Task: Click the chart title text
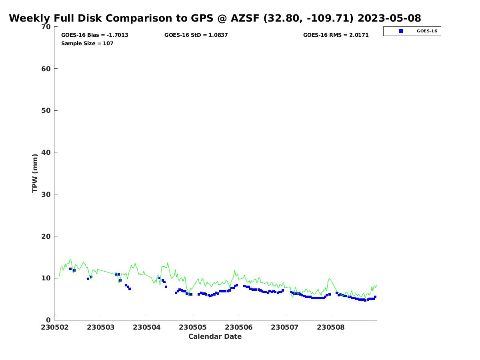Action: pos(215,18)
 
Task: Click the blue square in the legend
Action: pos(401,31)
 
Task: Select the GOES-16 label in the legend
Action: pos(427,31)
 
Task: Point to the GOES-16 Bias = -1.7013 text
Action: pos(94,35)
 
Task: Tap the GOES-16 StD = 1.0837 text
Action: pos(196,35)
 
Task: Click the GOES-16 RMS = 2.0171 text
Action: pos(336,35)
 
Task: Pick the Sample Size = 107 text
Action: pos(87,44)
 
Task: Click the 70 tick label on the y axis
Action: pos(46,27)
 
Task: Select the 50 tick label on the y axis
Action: pos(46,111)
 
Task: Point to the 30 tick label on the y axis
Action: pos(46,194)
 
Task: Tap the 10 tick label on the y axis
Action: pos(46,278)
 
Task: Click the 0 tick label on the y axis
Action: pos(48,320)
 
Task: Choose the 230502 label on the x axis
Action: pos(55,328)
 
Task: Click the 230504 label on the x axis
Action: pos(147,328)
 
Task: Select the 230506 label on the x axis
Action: pos(239,328)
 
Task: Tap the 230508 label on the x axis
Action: pos(331,328)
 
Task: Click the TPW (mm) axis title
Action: pos(35,173)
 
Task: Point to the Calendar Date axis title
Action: pos(215,337)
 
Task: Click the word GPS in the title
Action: pos(202,18)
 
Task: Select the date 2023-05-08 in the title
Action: pos(389,18)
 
